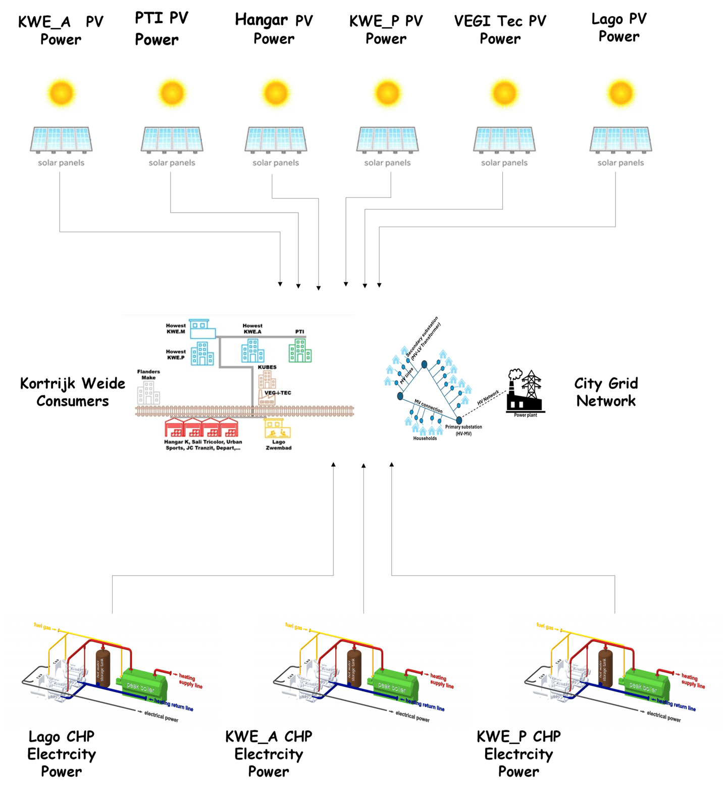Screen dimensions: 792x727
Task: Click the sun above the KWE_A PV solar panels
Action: [61, 93]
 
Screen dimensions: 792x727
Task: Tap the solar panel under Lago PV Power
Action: [620, 139]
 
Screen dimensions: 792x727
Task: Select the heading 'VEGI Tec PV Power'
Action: [500, 29]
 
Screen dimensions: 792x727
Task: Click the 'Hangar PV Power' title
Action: [274, 29]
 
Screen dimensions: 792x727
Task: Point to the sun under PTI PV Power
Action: [172, 93]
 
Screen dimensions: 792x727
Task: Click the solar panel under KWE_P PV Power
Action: [387, 139]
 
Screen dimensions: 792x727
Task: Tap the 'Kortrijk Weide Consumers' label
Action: [73, 392]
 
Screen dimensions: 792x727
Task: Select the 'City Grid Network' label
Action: [606, 392]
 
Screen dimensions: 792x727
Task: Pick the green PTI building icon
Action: [300, 350]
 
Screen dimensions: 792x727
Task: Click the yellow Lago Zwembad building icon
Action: [277, 429]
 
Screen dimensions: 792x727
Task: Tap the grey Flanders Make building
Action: [148, 393]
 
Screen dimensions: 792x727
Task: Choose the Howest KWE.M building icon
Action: [202, 328]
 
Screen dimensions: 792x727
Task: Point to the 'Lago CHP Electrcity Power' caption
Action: [61, 754]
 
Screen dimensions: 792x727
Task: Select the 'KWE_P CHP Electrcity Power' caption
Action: [518, 754]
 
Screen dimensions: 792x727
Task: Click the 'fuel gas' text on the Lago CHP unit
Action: [42, 626]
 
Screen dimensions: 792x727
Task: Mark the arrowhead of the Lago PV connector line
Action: [379, 285]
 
